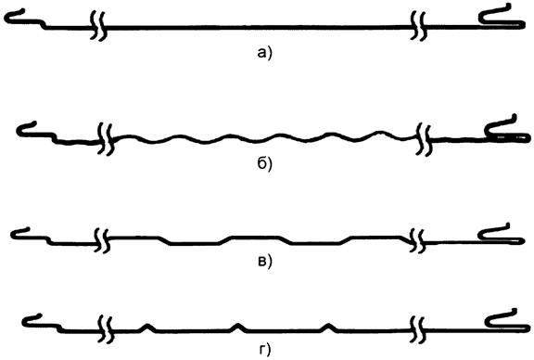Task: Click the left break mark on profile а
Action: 98,28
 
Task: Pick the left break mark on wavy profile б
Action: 107,139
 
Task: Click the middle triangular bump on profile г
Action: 237,326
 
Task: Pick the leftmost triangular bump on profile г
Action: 146,326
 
